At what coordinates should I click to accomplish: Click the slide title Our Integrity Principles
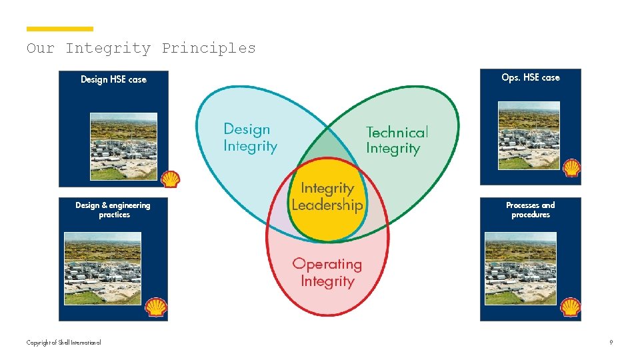coord(141,48)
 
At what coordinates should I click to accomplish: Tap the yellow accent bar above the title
coord(60,29)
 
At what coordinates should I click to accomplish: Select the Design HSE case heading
coord(113,79)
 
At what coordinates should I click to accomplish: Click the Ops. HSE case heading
coord(531,77)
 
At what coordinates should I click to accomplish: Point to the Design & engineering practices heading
coord(113,210)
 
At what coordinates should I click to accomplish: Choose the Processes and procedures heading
coord(531,210)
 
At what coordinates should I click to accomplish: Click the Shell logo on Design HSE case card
coord(171,178)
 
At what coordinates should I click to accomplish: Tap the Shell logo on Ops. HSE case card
coord(571,167)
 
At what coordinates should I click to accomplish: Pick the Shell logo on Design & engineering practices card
coord(156,307)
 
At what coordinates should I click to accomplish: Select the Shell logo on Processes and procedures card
coord(571,307)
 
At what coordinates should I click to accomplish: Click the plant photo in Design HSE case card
coord(123,146)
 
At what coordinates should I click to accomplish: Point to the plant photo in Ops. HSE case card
coord(529,135)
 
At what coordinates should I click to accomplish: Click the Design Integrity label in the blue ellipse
coord(250,137)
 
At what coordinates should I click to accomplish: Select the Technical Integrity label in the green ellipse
coord(397,141)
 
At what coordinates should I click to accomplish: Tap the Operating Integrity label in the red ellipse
coord(327,272)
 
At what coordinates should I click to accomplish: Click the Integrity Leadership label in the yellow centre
coord(327,197)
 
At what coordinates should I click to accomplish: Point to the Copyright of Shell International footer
coord(64,343)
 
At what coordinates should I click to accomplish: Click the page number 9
coord(611,343)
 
